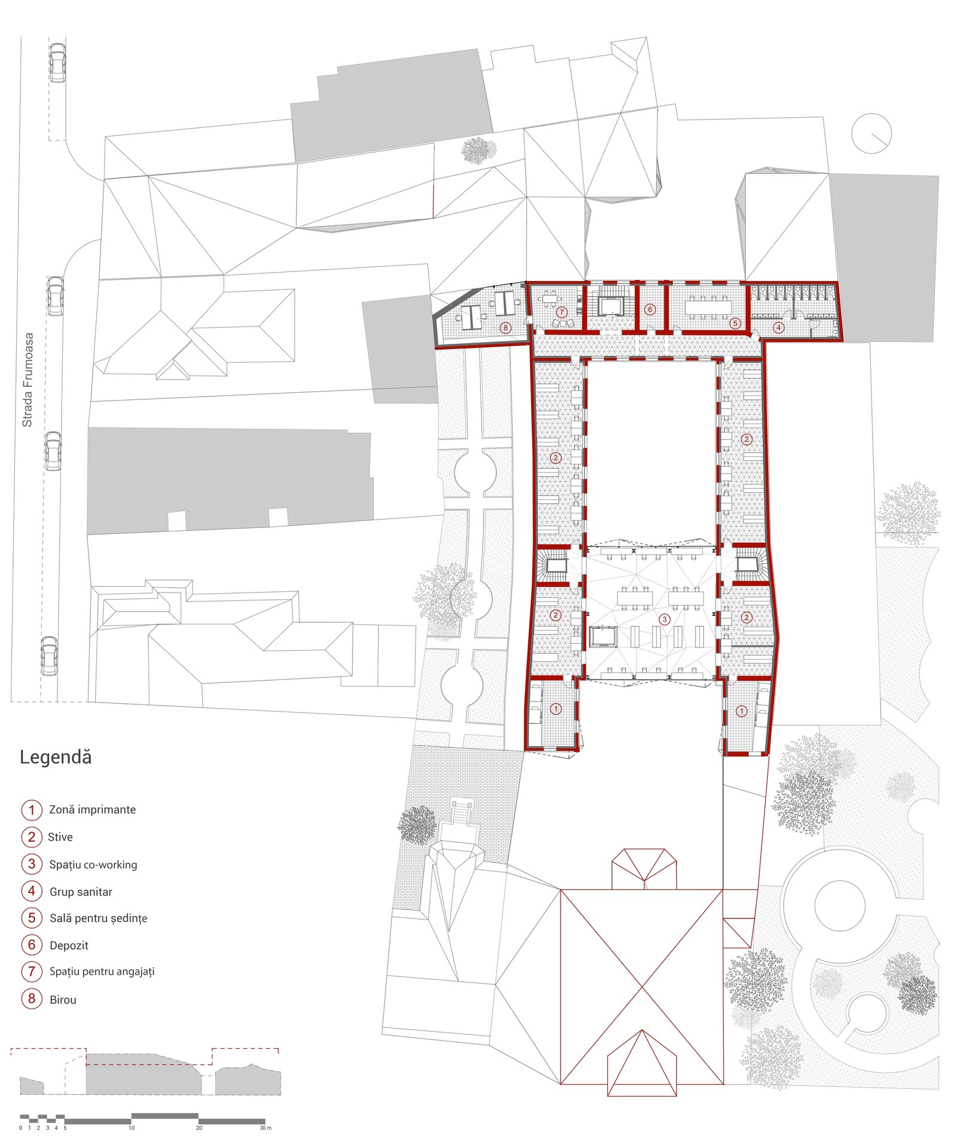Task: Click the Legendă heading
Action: pyautogui.click(x=56, y=758)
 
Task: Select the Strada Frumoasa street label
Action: pyautogui.click(x=27, y=380)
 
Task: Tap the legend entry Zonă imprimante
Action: pyautogui.click(x=93, y=810)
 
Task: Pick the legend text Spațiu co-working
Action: pyautogui.click(x=93, y=865)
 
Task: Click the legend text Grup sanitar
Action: pyautogui.click(x=81, y=892)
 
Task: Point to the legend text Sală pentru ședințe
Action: pyautogui.click(x=99, y=919)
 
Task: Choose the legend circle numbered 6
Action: pyautogui.click(x=32, y=945)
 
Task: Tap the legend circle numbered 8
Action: pyautogui.click(x=32, y=999)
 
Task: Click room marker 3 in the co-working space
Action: pyautogui.click(x=665, y=619)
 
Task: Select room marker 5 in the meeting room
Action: pyautogui.click(x=736, y=323)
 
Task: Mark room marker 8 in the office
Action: pyautogui.click(x=506, y=328)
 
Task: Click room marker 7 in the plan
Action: pyautogui.click(x=561, y=312)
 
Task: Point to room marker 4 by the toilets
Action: pyautogui.click(x=779, y=328)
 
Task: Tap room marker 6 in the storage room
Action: pyautogui.click(x=650, y=310)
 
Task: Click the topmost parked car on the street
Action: pyautogui.click(x=57, y=62)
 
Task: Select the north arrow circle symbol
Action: pyautogui.click(x=872, y=133)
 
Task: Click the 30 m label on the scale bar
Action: pyautogui.click(x=265, y=1128)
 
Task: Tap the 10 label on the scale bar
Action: pyautogui.click(x=131, y=1128)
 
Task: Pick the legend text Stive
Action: pyautogui.click(x=60, y=838)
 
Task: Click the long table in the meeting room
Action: pyautogui.click(x=708, y=308)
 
